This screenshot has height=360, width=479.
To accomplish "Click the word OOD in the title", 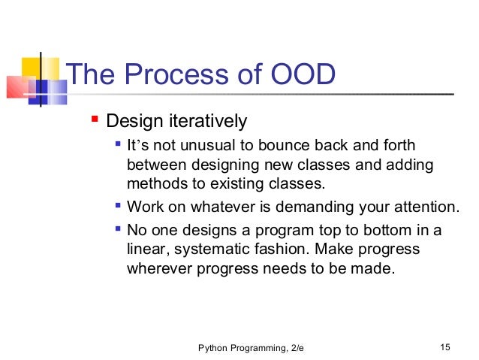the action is (x=303, y=74).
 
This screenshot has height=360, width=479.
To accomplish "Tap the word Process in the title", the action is (x=176, y=74).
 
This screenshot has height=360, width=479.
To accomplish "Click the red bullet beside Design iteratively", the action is (x=95, y=118).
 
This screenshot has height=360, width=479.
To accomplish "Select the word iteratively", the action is (x=208, y=121).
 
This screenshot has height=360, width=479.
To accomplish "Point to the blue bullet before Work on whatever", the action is (x=118, y=205).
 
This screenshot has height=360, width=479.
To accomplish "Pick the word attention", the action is (x=426, y=207).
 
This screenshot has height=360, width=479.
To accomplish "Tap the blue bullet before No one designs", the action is (x=118, y=228).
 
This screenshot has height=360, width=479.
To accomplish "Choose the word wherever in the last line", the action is (x=159, y=269).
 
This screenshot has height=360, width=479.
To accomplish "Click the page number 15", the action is (x=445, y=347).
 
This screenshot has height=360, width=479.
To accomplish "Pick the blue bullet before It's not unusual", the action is (x=118, y=143).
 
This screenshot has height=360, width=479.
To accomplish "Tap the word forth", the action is (x=399, y=145).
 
